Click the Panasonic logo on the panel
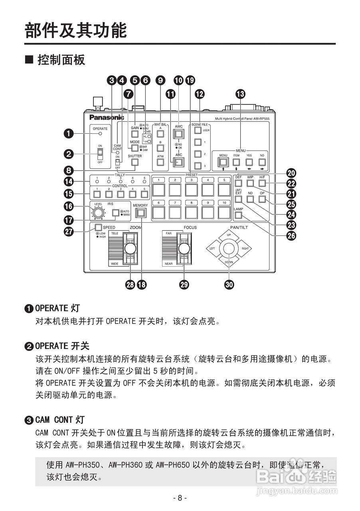[107, 117]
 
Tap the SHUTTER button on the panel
[135, 162]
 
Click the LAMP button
[239, 216]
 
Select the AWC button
[178, 133]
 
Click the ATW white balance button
[160, 162]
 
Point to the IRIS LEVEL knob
[96, 213]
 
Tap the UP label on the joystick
[229, 235]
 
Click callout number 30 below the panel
[229, 284]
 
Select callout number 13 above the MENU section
[240, 94]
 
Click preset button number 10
[224, 212]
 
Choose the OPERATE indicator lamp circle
[100, 133]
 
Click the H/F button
[262, 183]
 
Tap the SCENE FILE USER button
[197, 131]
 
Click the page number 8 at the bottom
[180, 498]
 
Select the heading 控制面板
[61, 60]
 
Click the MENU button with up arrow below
[223, 162]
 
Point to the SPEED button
[98, 228]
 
